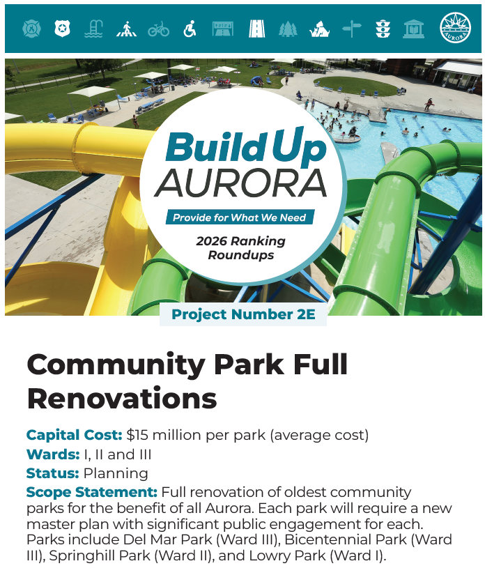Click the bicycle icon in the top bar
tap(158, 29)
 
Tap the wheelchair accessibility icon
tap(190, 29)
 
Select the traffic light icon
tap(383, 29)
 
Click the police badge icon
tap(63, 29)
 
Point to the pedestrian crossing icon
tap(126, 29)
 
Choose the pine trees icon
tap(288, 29)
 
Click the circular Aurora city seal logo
tap(455, 29)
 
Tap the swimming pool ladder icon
tap(94, 29)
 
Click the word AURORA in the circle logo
tap(240, 182)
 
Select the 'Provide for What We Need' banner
tap(239, 217)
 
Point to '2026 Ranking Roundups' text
tap(240, 248)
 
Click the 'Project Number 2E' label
tap(243, 314)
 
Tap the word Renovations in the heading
tap(122, 398)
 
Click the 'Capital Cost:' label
tap(74, 436)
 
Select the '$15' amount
tap(138, 436)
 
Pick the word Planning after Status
tap(116, 474)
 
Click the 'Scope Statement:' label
tap(92, 492)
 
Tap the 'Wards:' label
tap(52, 455)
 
